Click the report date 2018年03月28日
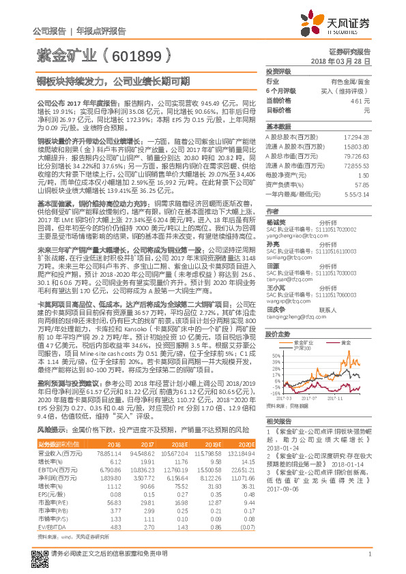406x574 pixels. pos(345,61)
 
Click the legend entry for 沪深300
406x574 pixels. pos(317,348)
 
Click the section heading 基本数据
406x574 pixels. pos(278,127)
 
